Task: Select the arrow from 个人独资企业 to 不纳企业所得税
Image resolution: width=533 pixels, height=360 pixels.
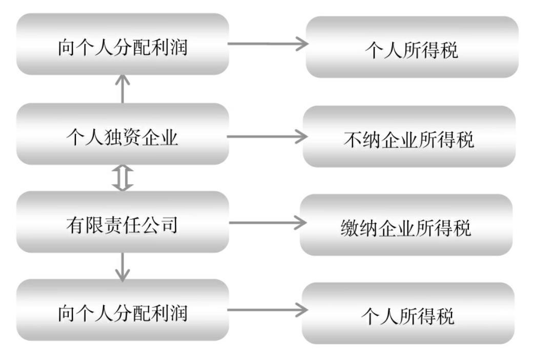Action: point(267,137)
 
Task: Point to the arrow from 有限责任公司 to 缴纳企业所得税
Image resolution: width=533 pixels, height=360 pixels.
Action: point(267,222)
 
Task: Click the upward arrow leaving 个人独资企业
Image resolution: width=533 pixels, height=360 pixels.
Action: point(122,89)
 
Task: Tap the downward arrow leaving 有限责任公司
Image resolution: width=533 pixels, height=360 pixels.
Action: point(122,266)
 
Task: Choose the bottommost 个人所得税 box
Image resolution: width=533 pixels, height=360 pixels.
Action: point(408,313)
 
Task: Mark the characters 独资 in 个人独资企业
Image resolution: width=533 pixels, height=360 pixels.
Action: point(122,137)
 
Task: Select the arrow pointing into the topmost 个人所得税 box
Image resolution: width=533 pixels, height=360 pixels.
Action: point(267,44)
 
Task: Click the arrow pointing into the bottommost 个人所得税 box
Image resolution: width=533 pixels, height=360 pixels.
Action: point(267,310)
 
